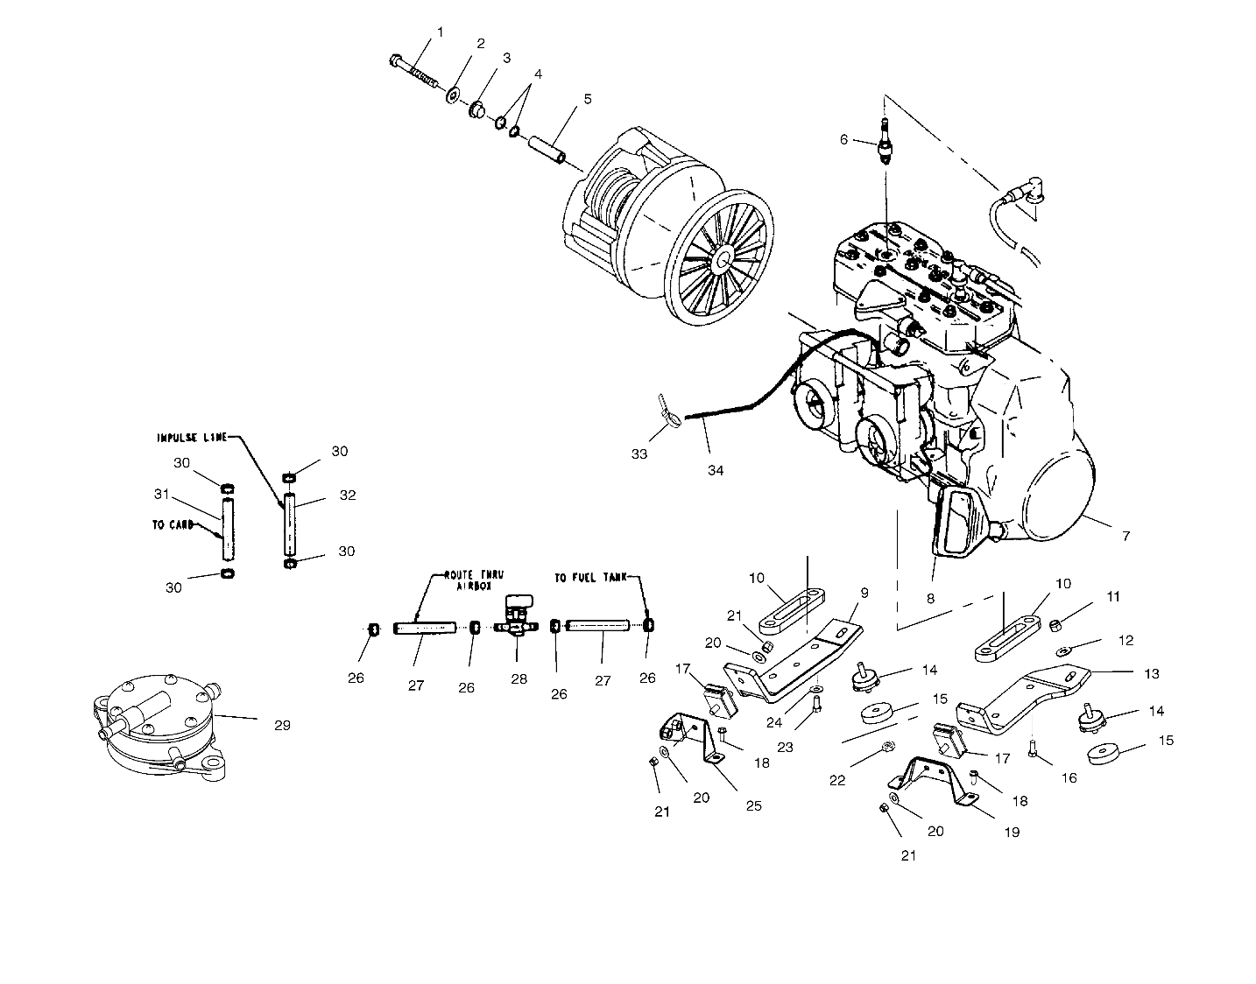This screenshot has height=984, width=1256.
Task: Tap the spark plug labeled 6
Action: [x=884, y=140]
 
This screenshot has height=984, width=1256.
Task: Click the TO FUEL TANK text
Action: [x=590, y=578]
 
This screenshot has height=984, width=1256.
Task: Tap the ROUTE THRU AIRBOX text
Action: [x=474, y=580]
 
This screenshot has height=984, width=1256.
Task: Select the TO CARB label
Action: [x=173, y=525]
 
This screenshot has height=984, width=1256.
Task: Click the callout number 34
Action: [x=716, y=471]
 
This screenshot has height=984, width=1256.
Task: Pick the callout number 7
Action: [x=1126, y=537]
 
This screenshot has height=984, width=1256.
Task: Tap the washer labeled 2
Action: [x=452, y=95]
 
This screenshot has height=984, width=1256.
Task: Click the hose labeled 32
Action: [x=290, y=524]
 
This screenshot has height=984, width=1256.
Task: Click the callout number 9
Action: [x=864, y=593]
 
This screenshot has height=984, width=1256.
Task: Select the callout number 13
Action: [x=1152, y=674]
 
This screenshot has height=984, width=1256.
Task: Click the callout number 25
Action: [x=754, y=806]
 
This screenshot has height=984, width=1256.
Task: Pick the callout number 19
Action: [x=1012, y=833]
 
